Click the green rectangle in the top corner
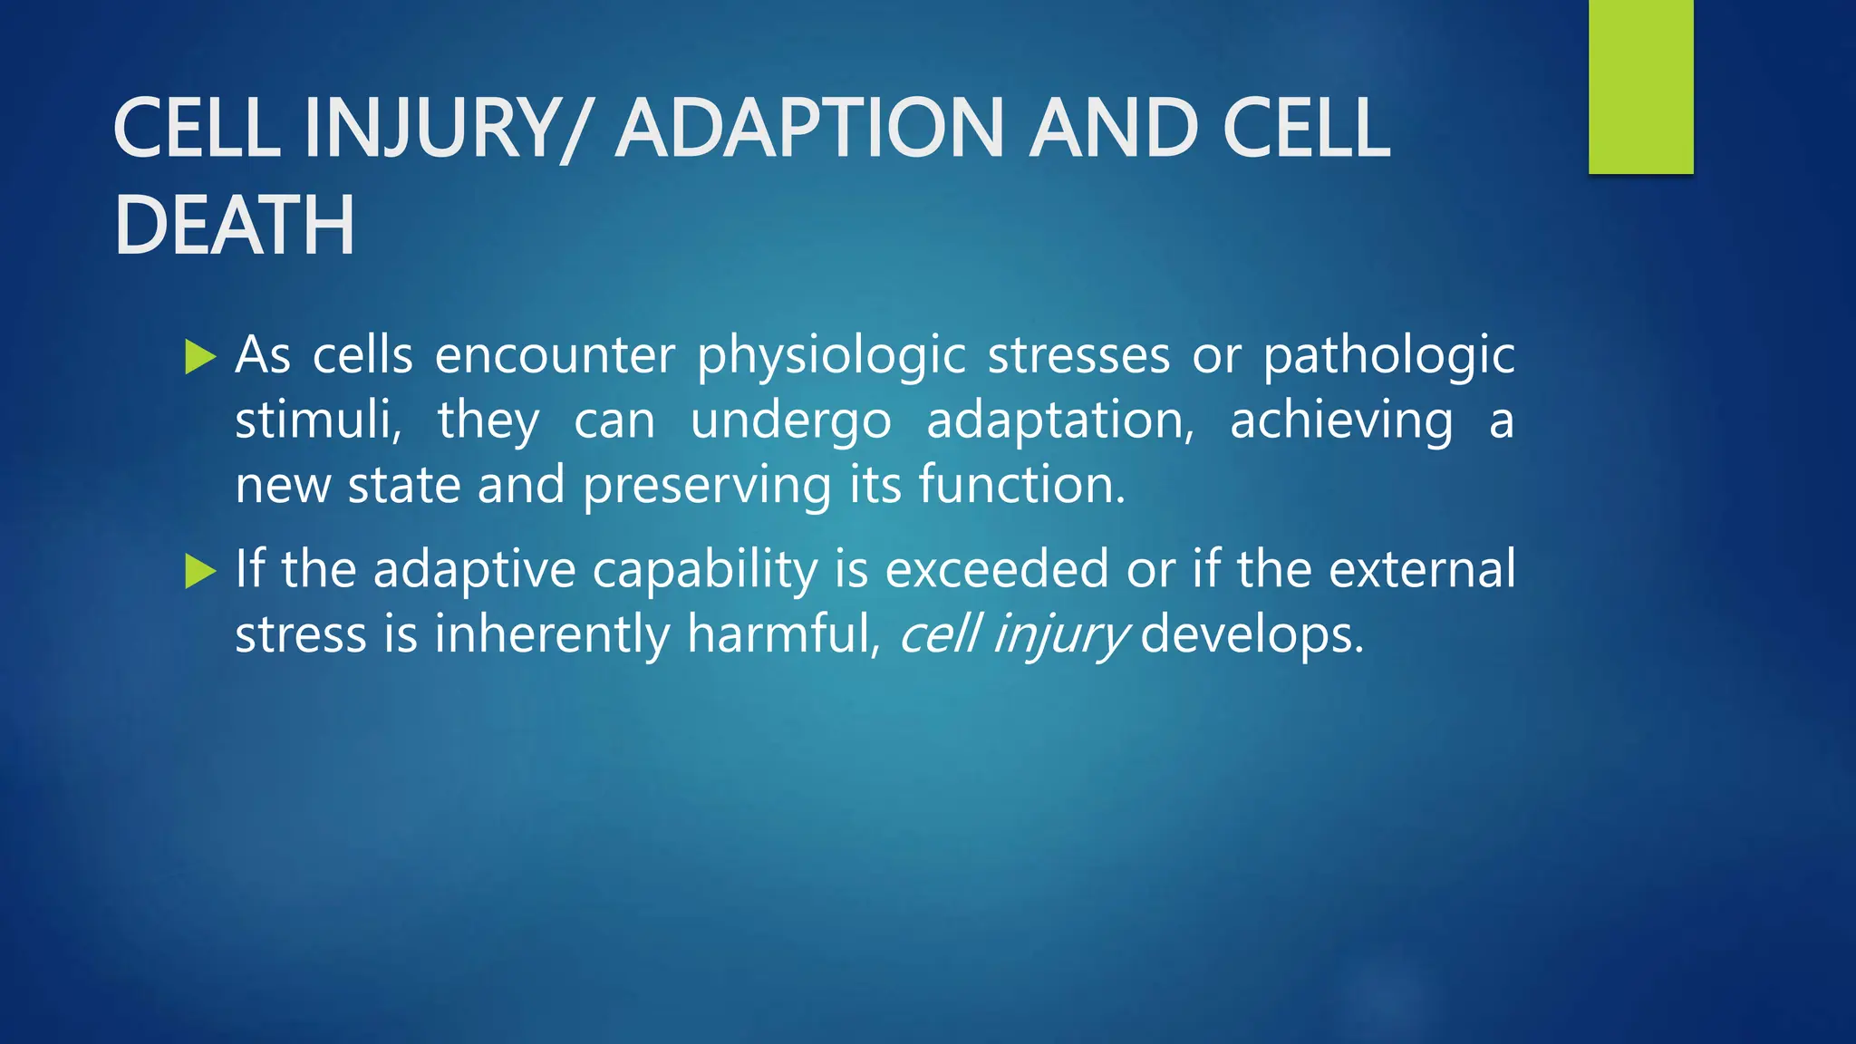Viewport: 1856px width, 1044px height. click(x=1640, y=86)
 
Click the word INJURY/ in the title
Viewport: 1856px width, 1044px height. click(x=446, y=129)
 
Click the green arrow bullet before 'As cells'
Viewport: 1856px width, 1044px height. click(x=199, y=357)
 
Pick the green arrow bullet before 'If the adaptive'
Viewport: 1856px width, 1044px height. click(x=199, y=571)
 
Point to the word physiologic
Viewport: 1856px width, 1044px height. click(x=830, y=356)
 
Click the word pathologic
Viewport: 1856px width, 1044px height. click(x=1388, y=356)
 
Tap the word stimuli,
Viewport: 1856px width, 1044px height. click(x=318, y=420)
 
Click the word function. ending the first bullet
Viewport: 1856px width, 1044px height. click(x=1021, y=485)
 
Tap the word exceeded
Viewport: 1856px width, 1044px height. click(x=996, y=569)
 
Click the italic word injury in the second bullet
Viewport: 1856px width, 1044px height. click(x=1061, y=635)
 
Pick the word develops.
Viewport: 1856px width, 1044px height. click(x=1252, y=635)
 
